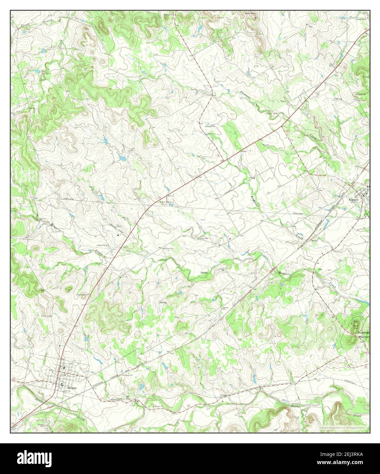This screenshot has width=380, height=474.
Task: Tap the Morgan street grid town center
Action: click(x=65, y=375)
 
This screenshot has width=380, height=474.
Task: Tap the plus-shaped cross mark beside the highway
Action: click(x=251, y=150)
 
